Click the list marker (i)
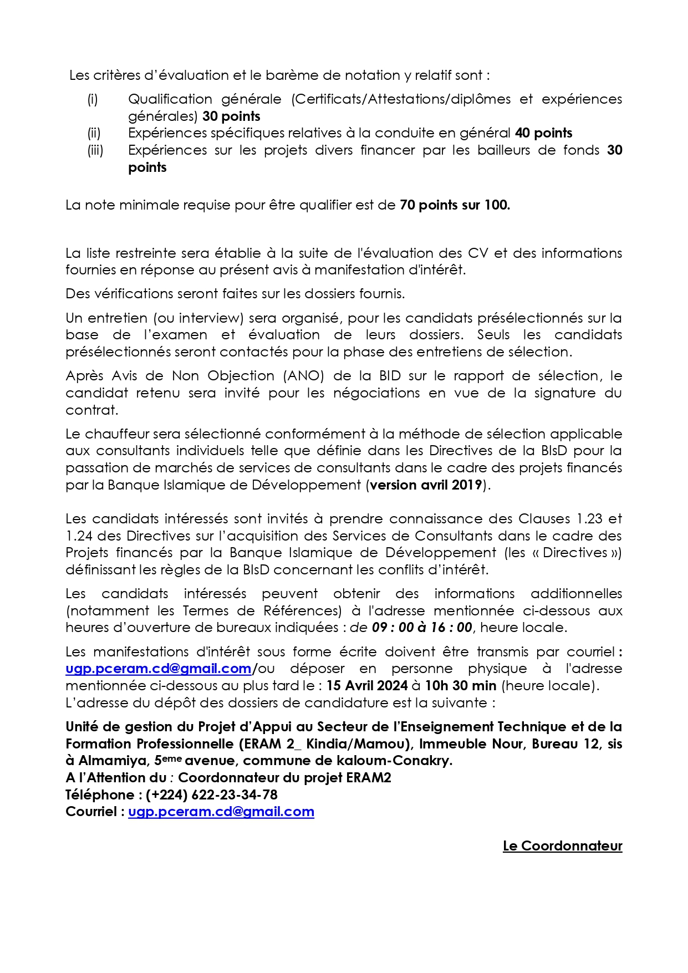coord(92,99)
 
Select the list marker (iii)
coord(95,150)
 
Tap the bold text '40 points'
coord(543,133)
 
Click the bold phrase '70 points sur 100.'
coord(455,205)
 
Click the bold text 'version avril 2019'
coord(426,485)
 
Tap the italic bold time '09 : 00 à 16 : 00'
coord(421,628)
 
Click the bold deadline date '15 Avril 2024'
coord(367,686)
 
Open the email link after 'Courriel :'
coord(221,812)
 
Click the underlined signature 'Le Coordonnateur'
coord(562,846)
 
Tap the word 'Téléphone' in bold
coord(96,795)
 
